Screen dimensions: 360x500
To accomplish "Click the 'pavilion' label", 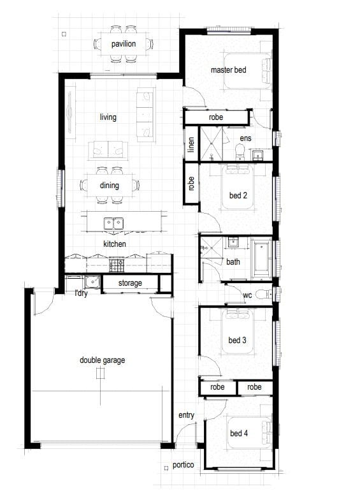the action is coord(124,44).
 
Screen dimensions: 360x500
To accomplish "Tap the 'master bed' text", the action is coord(228,70).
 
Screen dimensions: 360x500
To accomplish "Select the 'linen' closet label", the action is coord(191,144).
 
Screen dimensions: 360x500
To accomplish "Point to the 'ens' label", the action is coord(245,138).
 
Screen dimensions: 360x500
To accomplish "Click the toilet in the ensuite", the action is coord(240,152).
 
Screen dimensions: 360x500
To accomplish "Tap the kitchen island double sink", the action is coord(113,223).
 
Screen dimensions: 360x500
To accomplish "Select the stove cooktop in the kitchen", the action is coord(117,265).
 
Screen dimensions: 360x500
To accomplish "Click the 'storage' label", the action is coord(130,283).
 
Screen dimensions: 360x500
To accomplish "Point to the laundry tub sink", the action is coord(92,282).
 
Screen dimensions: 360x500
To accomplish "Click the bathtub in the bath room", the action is coord(262,259).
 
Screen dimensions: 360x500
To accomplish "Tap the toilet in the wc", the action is coord(264,293).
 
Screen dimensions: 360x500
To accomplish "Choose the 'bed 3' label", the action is coord(237,341).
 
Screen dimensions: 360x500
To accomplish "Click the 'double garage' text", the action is coord(102,360).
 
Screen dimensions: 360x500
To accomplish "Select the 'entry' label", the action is coord(186,415).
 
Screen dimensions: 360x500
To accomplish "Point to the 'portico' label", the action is coord(184,465).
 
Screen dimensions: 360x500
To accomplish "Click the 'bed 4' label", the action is coord(239,433).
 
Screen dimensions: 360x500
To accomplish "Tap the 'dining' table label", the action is coord(110,185).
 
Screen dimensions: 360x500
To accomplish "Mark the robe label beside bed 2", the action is coord(191,184).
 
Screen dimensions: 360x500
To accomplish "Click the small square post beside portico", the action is coord(166,468).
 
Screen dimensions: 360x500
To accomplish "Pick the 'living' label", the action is coord(108,117).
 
